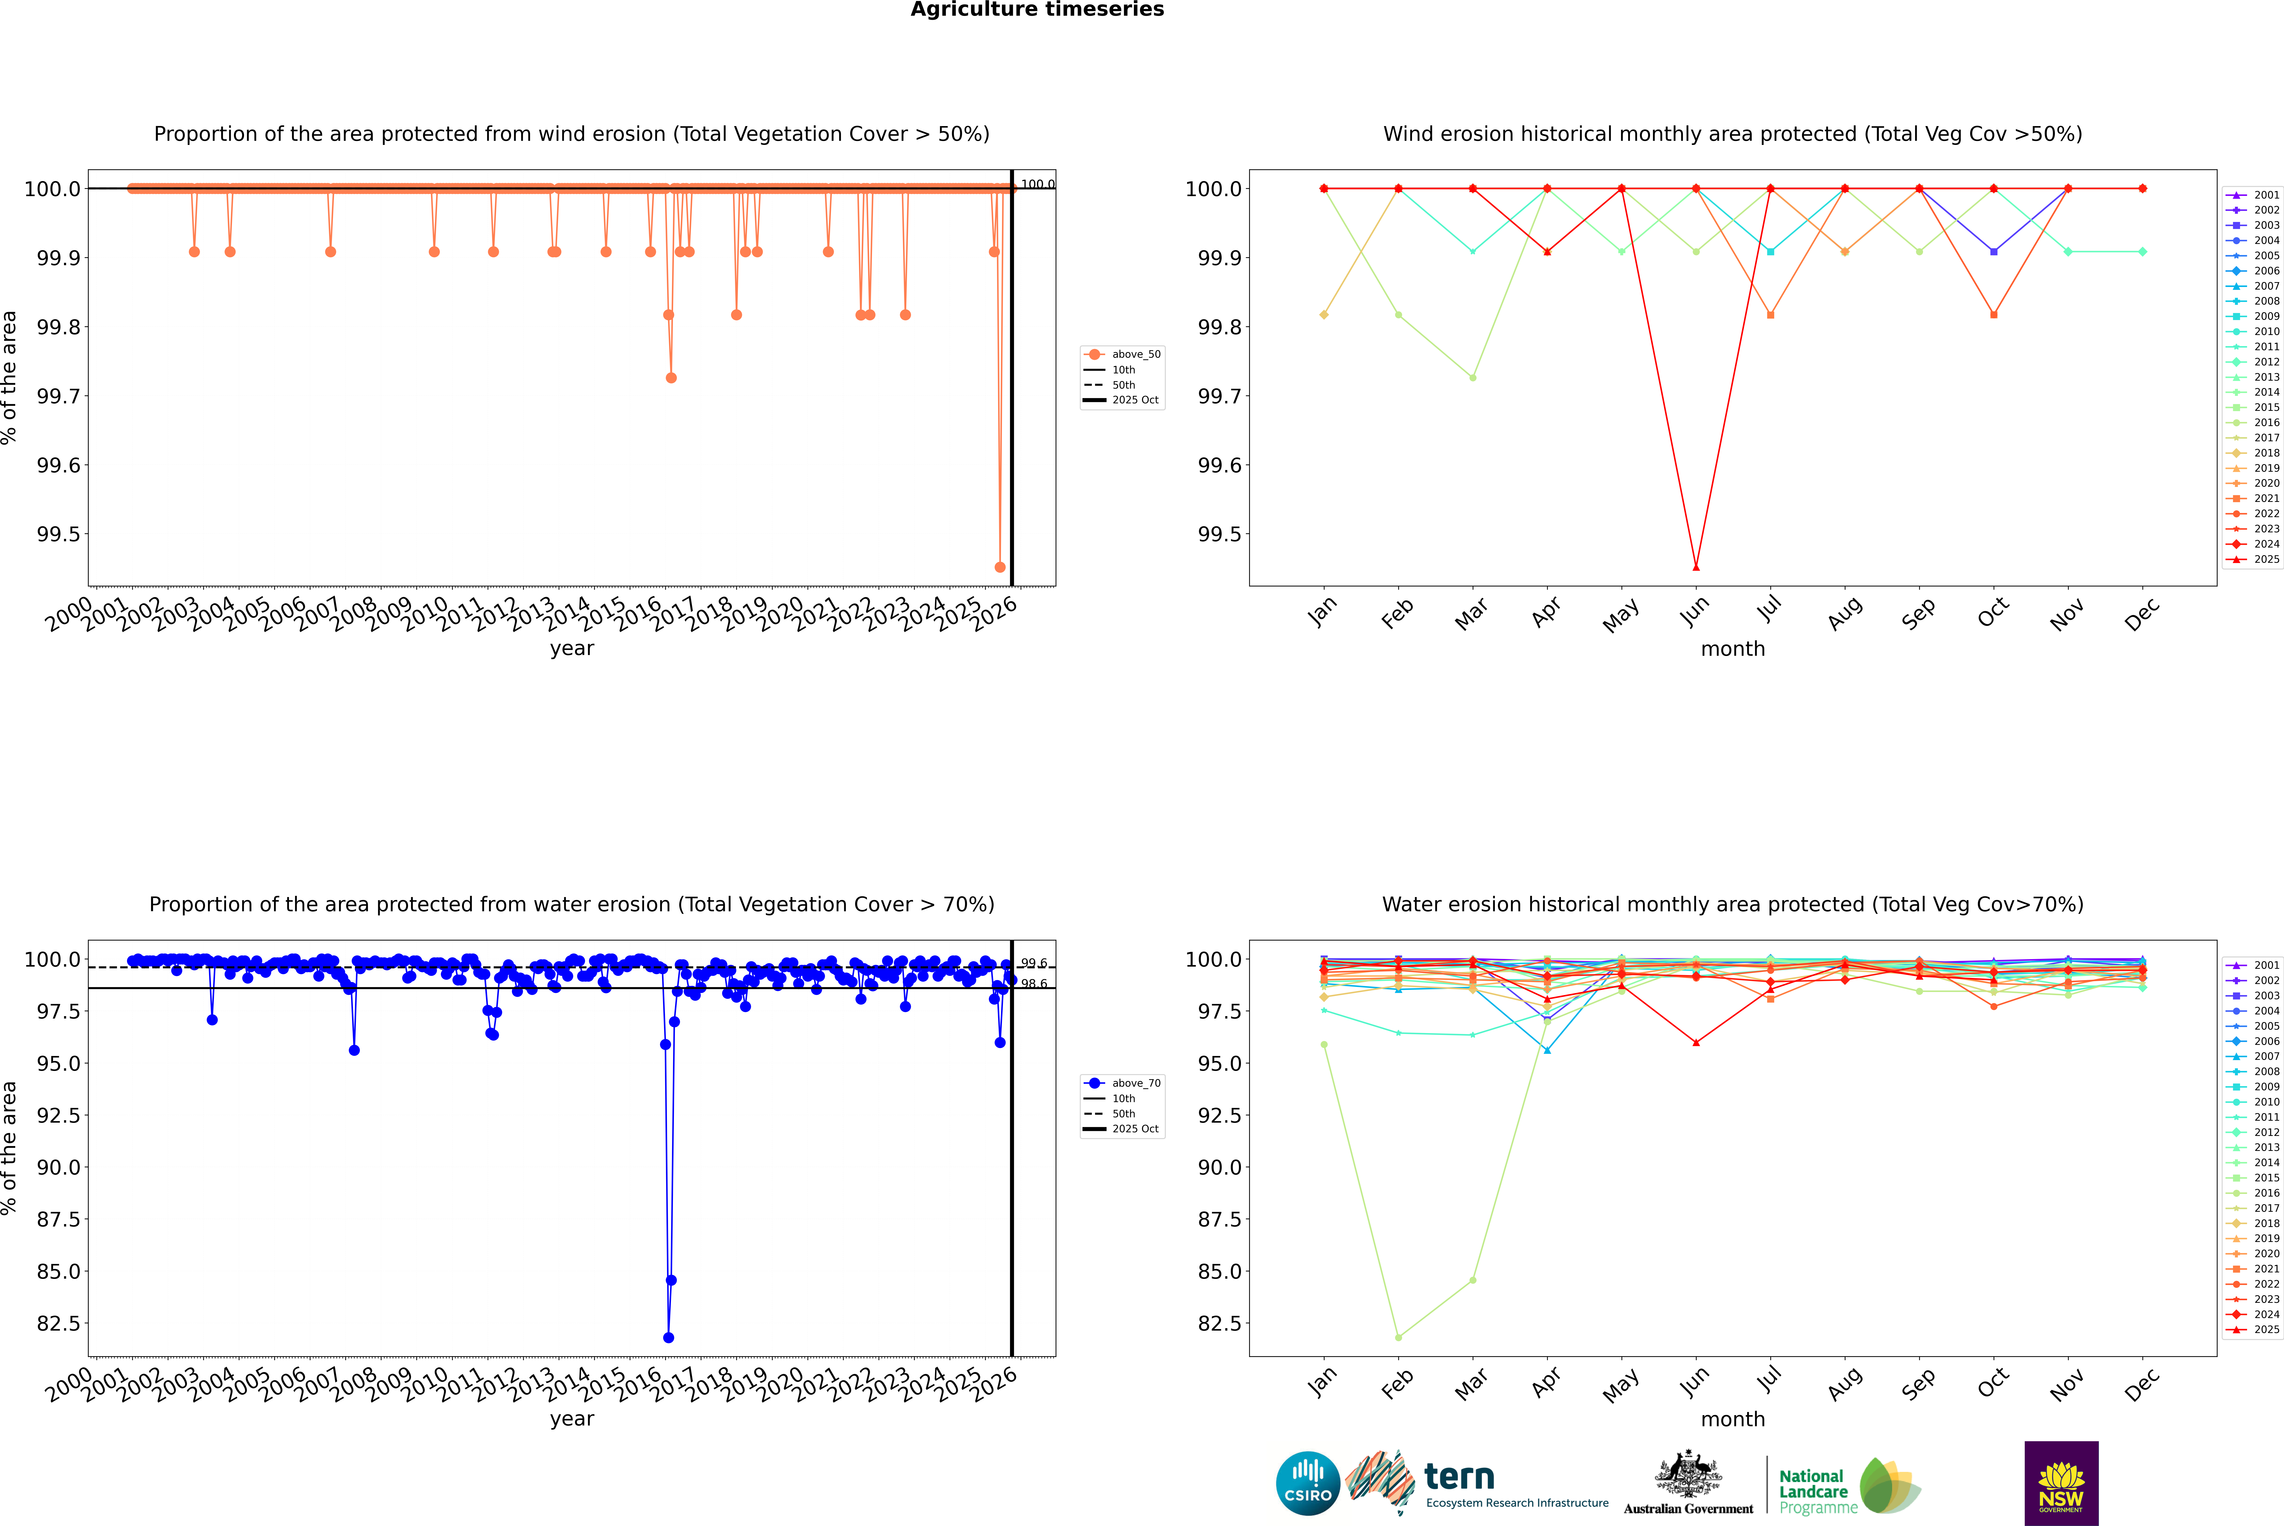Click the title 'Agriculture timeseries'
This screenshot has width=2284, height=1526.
click(1037, 10)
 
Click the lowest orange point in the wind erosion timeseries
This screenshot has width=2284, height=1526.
click(1000, 567)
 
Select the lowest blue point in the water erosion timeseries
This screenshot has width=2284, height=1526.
click(668, 1337)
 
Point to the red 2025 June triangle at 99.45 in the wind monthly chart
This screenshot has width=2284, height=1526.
click(1696, 567)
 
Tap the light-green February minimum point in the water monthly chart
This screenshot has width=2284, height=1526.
click(1398, 1337)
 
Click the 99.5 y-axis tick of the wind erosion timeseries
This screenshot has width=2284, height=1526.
click(58, 534)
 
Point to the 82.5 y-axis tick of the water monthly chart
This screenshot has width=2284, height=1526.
click(1219, 1324)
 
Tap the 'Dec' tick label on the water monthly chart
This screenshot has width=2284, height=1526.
click(2142, 1382)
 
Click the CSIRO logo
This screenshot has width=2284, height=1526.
click(1308, 1483)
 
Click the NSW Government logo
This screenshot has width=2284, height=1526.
click(2061, 1483)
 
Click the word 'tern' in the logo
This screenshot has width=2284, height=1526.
click(1458, 1477)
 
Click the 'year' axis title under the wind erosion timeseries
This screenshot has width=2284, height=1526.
click(571, 648)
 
